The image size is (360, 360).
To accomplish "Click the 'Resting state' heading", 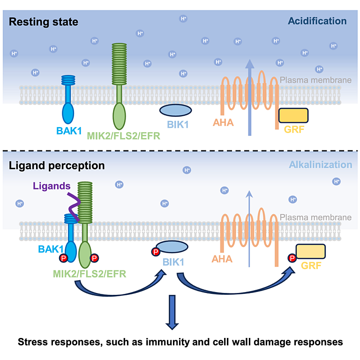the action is point(44,22).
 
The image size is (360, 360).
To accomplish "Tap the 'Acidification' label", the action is point(317,21).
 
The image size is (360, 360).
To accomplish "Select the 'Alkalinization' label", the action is point(321,165).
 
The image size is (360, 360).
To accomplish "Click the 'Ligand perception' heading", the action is point(57,165).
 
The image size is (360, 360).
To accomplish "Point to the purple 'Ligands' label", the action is point(52,186).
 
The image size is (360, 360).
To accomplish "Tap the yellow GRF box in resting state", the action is point(293,115).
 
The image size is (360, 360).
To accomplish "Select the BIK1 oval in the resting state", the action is point(176,110).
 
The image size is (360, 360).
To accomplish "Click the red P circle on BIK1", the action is point(156,252).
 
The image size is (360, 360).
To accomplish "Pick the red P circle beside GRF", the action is point(292,258).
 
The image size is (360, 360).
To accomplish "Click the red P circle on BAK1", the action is point(63,258).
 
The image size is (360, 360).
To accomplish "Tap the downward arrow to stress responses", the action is point(172,312).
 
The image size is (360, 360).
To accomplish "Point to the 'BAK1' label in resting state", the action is point(69,131).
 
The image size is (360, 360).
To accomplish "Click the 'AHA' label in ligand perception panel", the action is point(222,259).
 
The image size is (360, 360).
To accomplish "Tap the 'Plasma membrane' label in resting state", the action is point(315,80).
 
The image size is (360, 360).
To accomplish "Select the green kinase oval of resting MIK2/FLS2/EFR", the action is point(119,116).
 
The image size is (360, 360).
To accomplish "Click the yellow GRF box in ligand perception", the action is point(311,251).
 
